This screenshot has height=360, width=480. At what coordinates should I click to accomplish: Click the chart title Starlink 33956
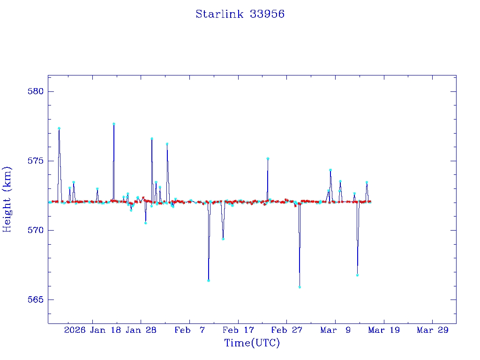[x=240, y=14]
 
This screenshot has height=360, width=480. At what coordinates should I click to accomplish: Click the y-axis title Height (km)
[x=7, y=199]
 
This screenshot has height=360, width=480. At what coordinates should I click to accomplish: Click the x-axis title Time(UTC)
[x=252, y=343]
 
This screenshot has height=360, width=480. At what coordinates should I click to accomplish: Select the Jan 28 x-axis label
[x=141, y=330]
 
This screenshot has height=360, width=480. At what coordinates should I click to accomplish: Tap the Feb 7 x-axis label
[x=189, y=330]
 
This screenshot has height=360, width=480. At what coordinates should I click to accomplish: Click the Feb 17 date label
[x=238, y=330]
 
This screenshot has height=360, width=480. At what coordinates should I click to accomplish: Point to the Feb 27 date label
[x=287, y=330]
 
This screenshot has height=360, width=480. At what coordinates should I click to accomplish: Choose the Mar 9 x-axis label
[x=336, y=330]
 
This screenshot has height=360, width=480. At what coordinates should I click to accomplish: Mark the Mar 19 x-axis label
[x=384, y=330]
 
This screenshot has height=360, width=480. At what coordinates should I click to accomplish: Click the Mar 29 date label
[x=433, y=330]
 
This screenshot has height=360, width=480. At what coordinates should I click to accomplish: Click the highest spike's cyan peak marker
[x=114, y=124]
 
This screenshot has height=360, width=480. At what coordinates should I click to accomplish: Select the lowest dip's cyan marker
[x=300, y=287]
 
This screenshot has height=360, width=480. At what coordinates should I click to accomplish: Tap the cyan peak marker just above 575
[x=268, y=158]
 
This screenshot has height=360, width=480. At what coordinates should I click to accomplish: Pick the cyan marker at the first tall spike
[x=59, y=128]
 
